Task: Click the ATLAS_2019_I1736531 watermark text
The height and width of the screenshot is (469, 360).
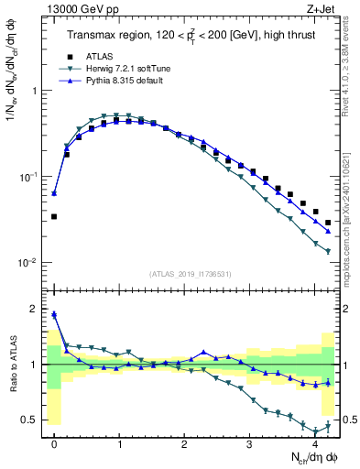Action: point(190,274)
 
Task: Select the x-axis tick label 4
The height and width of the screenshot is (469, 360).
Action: point(314,444)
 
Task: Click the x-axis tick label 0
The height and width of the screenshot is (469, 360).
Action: point(55,444)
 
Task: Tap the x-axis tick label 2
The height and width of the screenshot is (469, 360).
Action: point(184,444)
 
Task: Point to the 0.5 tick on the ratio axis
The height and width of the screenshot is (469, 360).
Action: point(34,420)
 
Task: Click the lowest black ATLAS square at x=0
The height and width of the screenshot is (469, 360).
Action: point(54,217)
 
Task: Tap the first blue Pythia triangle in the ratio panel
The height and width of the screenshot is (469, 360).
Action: point(54,314)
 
